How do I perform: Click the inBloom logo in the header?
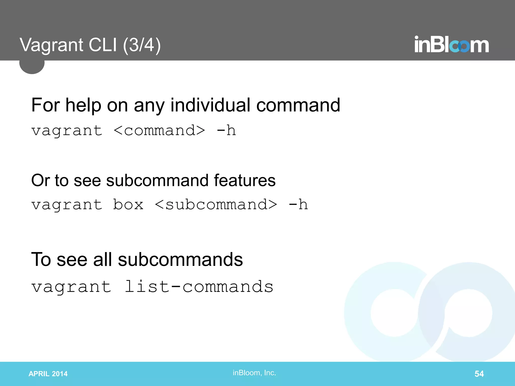451,45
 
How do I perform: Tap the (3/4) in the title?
142,45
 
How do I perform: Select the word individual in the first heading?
210,105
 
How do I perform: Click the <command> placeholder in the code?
159,131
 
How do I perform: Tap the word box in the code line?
128,205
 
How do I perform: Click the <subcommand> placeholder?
216,205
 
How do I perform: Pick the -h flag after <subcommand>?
298,205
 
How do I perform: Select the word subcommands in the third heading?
180,259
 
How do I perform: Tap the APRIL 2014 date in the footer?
48,374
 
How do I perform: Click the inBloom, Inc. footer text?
254,373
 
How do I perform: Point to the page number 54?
479,374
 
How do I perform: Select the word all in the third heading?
102,259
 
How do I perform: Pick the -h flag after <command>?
226,131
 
